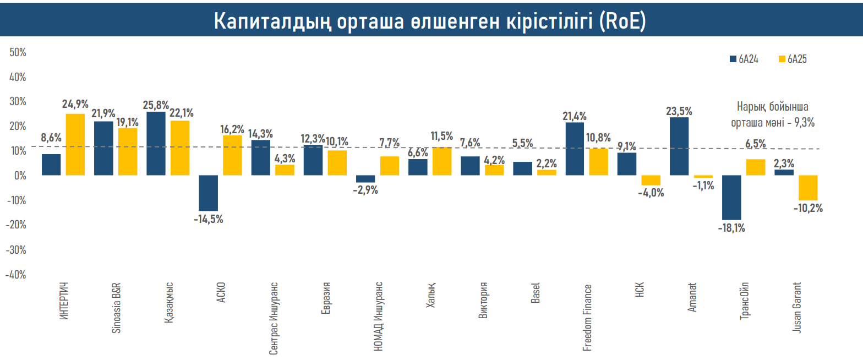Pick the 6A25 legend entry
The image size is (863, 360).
coord(793,59)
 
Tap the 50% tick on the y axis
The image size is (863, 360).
coord(18,52)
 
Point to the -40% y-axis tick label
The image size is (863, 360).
coord(17,274)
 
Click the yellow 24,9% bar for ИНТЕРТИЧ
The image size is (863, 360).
coord(75,144)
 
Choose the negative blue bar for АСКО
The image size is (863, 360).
coord(209,193)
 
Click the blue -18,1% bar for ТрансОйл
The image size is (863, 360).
coord(732,197)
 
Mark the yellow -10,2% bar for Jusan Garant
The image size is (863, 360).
coord(808,188)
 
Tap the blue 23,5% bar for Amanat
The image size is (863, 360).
coord(679,146)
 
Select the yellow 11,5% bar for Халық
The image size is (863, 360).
coord(442,161)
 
